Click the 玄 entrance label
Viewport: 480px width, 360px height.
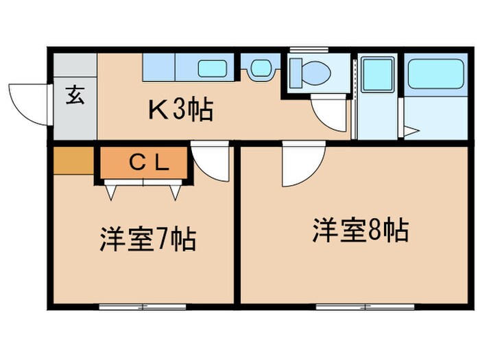[x=75, y=95]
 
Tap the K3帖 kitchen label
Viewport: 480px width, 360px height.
[x=180, y=109]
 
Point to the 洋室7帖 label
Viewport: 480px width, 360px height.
[x=148, y=240]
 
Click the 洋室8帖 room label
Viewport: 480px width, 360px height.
[x=361, y=230]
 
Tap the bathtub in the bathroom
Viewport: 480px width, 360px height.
[x=435, y=75]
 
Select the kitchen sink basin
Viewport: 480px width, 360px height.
[x=213, y=69]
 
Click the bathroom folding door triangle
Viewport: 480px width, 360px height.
[x=411, y=131]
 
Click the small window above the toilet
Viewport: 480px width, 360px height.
[x=310, y=49]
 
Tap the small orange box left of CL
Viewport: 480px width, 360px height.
[x=73, y=162]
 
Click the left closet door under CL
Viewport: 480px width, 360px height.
[x=112, y=191]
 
